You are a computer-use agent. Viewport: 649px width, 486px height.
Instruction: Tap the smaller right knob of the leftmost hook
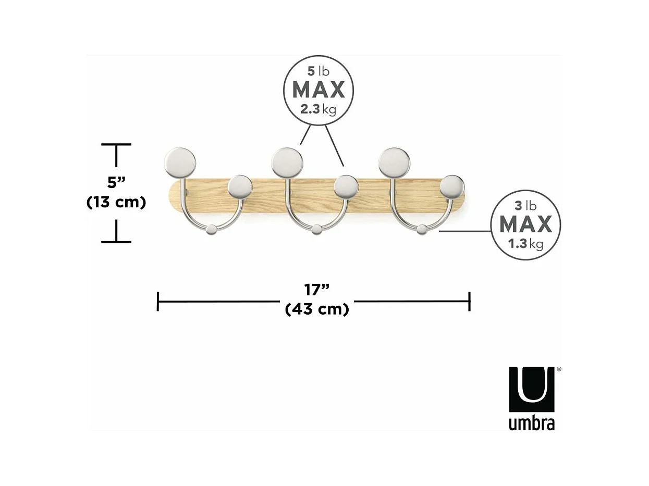point(240,186)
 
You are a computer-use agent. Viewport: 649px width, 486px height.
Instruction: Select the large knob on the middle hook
point(287,161)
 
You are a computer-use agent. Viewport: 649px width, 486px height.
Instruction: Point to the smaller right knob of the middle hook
point(346,186)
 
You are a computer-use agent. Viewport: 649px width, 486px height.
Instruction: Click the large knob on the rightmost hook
point(394,161)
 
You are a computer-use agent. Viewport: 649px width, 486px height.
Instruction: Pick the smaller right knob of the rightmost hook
point(452,186)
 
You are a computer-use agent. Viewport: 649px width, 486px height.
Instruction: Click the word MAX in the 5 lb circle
point(318,90)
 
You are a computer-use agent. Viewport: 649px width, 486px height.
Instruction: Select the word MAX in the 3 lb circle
point(525,225)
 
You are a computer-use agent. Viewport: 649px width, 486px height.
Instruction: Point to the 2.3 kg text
point(318,110)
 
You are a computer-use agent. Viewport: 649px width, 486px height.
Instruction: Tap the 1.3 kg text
point(525,243)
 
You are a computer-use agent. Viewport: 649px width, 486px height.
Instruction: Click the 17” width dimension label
point(316,289)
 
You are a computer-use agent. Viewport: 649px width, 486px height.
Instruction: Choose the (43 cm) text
point(317,309)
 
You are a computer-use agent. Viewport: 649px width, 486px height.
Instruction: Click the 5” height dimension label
point(116,182)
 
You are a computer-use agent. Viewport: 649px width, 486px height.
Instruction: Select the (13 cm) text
point(116,202)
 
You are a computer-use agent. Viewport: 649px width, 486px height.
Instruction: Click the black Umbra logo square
point(532,390)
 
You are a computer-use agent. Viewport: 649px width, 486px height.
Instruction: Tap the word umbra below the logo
point(532,423)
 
